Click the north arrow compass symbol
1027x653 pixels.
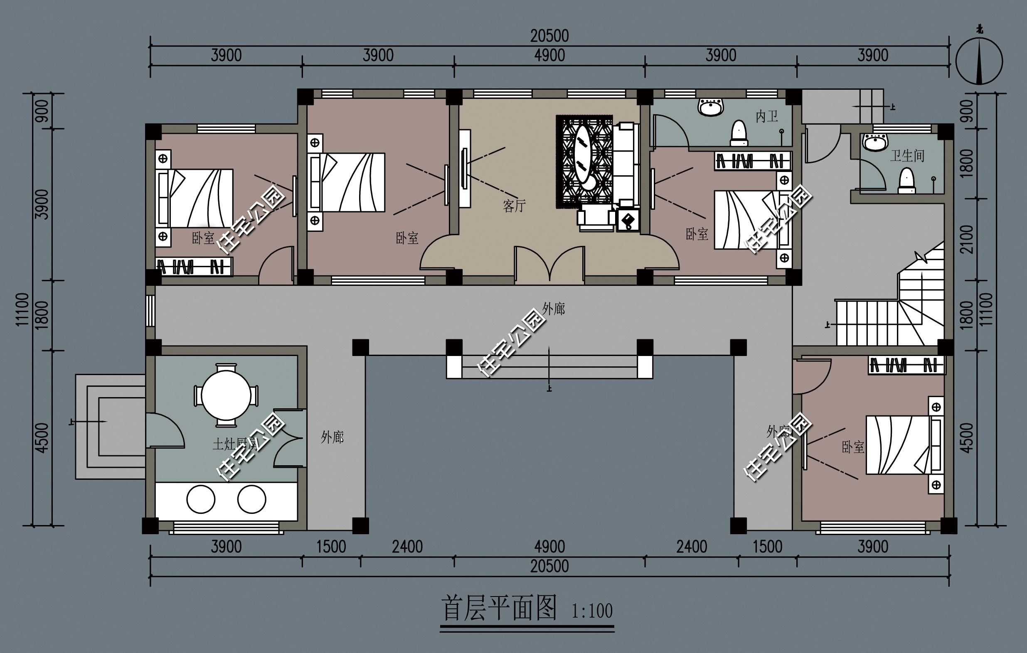pyautogui.click(x=979, y=61)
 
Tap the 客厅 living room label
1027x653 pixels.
pyautogui.click(x=514, y=206)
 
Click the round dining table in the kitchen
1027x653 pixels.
pyautogui.click(x=226, y=395)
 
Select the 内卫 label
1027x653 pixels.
pyautogui.click(x=766, y=116)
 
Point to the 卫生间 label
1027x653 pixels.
pyautogui.click(x=907, y=156)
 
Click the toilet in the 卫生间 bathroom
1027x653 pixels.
pyautogui.click(x=907, y=181)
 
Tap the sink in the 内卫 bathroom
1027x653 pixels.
pyautogui.click(x=711, y=107)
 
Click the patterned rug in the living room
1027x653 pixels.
pyautogui.click(x=584, y=162)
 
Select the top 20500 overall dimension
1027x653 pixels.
pyautogui.click(x=549, y=36)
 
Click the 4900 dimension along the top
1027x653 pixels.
pyautogui.click(x=549, y=56)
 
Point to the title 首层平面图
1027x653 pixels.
pyautogui.click(x=499, y=609)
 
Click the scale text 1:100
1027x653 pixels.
pyautogui.click(x=591, y=611)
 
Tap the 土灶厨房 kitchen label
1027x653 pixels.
pyautogui.click(x=234, y=444)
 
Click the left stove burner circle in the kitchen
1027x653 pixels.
pyautogui.click(x=200, y=499)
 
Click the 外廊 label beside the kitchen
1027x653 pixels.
pyautogui.click(x=332, y=437)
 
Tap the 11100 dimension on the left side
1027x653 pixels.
pyautogui.click(x=22, y=309)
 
